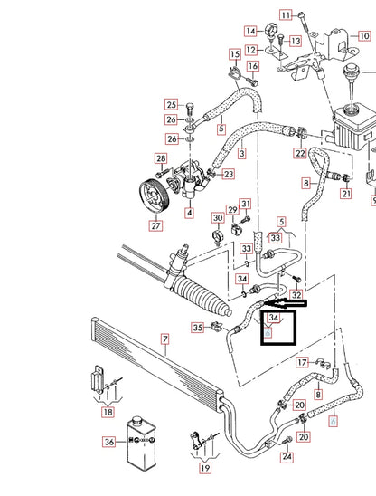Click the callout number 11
pos(286,15)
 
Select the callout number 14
pos(249,32)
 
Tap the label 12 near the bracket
pos(251,49)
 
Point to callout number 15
pos(233,54)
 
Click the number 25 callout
pos(171,104)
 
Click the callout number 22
pos(299,154)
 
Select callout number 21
pos(345,194)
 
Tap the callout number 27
pos(155,226)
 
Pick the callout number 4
pos(189,214)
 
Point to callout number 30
pos(217,217)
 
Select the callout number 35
pos(197,328)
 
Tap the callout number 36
pos(109,442)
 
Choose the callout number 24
pos(287,457)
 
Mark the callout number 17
pos(302,362)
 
